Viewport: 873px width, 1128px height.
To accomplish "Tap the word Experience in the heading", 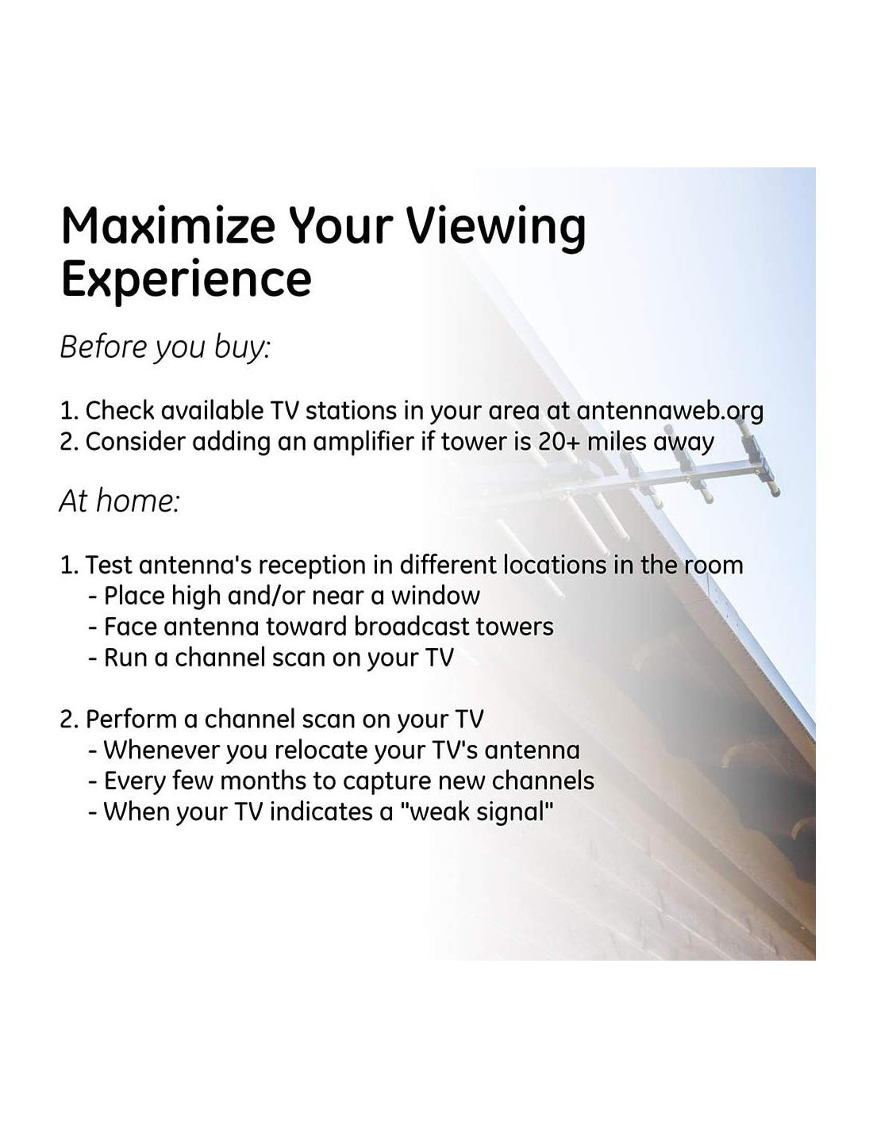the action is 186,281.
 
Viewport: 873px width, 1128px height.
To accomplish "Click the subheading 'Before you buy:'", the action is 165,347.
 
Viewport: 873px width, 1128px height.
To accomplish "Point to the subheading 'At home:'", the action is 120,501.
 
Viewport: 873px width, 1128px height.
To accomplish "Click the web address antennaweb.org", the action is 670,411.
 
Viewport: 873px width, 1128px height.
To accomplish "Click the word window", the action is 435,596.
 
